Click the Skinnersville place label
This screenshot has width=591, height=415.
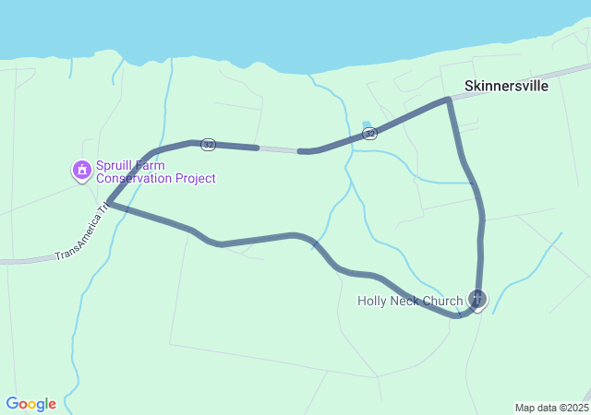click(506, 86)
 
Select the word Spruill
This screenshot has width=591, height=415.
click(116, 165)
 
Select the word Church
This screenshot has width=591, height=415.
click(442, 301)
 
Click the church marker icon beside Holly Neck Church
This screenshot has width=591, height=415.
click(477, 299)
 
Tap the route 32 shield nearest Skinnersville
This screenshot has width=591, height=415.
click(370, 134)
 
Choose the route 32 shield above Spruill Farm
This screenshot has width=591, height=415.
click(209, 144)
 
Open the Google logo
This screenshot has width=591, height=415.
click(30, 404)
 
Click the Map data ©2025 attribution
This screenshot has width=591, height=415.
click(550, 408)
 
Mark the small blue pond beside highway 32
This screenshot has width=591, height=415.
click(367, 125)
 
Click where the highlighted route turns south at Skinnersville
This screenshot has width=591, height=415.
click(449, 99)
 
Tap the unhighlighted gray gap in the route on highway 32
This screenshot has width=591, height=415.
click(278, 149)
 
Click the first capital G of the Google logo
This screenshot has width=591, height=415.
click(12, 403)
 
